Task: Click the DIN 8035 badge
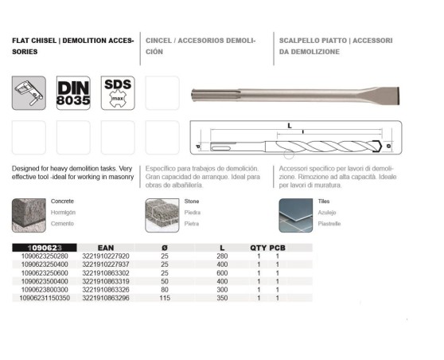click(73, 93)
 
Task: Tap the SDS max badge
click(118, 93)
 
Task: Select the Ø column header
click(165, 247)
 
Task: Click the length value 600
click(222, 272)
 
